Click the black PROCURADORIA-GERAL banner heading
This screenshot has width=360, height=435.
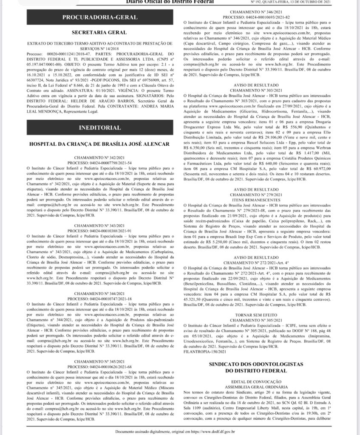(x=100, y=17)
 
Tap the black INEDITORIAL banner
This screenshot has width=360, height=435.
(x=100, y=127)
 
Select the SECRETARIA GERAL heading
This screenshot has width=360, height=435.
(x=99, y=32)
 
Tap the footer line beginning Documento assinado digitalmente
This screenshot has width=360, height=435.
(x=180, y=432)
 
